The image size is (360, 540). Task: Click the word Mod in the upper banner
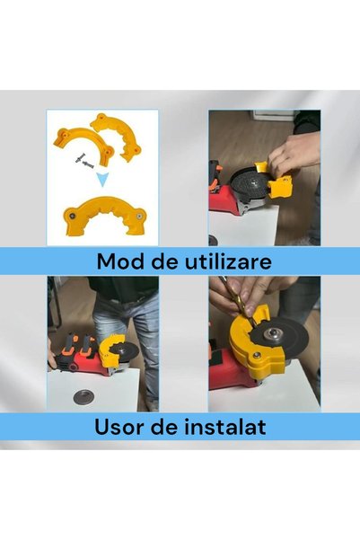(x=119, y=261)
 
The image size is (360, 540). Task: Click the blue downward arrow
(x=102, y=180)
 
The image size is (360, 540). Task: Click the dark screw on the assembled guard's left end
(x=73, y=216)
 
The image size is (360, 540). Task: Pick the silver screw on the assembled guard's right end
(x=139, y=217)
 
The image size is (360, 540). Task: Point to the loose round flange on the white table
(x=81, y=397)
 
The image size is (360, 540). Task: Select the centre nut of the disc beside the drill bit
(x=272, y=333)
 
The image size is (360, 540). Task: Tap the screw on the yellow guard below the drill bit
(x=257, y=356)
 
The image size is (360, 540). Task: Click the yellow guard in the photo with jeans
(x=108, y=350)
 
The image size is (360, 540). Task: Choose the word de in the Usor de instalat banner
(x=165, y=427)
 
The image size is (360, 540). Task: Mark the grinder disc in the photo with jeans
(x=125, y=351)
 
